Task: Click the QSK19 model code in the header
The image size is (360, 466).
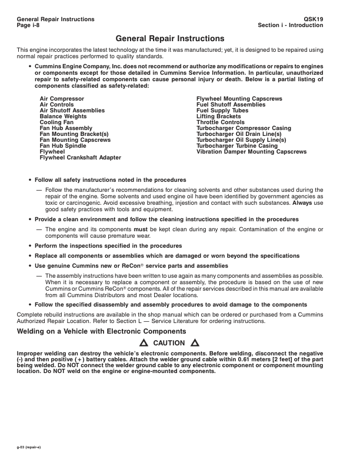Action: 332,19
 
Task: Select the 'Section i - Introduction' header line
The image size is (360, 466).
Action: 290,25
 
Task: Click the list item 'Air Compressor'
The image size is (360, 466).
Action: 62,98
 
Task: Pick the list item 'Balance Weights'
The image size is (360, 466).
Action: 64,116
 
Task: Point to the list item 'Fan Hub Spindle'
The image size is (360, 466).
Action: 63,146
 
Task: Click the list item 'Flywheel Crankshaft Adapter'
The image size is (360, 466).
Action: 80,158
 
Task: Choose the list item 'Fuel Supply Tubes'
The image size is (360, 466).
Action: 222,110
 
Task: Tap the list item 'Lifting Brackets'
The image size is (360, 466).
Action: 218,116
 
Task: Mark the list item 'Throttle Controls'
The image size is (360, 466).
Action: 220,122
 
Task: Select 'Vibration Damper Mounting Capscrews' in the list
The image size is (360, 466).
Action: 251,152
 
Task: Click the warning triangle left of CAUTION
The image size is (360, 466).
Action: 143,343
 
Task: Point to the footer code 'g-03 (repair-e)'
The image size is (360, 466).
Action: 30,448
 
